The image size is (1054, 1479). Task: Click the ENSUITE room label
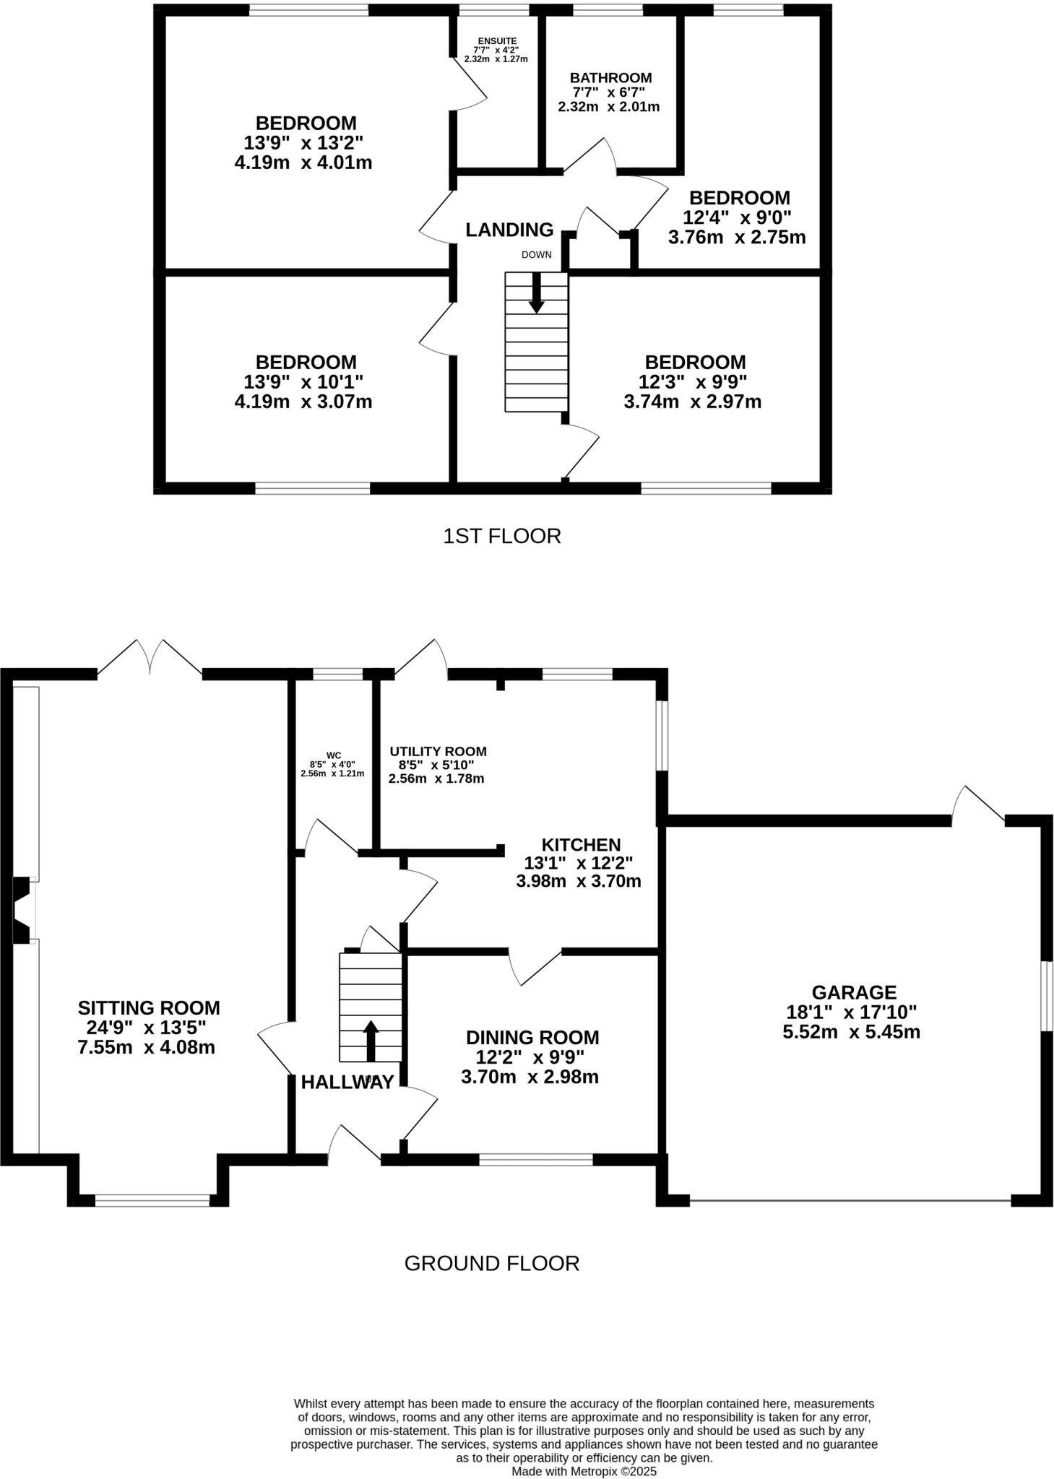(x=496, y=40)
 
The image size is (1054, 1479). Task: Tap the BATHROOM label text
(x=610, y=77)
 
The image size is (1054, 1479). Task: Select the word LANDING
(x=509, y=230)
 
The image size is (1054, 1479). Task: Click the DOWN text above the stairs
(x=536, y=255)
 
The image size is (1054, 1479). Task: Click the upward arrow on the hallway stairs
(x=371, y=1041)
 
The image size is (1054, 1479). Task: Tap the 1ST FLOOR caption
(x=502, y=536)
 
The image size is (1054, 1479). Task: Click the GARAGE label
(x=853, y=992)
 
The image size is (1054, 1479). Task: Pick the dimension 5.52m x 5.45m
(x=851, y=1032)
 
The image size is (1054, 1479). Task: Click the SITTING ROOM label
(x=149, y=1007)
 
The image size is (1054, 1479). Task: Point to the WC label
(x=333, y=755)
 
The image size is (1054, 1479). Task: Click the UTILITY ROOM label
(x=438, y=751)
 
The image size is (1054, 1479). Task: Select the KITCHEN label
(x=581, y=844)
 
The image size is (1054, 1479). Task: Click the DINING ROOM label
(x=532, y=1037)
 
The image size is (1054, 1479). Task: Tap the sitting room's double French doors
(x=150, y=659)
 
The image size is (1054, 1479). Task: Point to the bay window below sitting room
(x=152, y=1200)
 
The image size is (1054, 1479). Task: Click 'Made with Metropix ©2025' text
(x=584, y=1471)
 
